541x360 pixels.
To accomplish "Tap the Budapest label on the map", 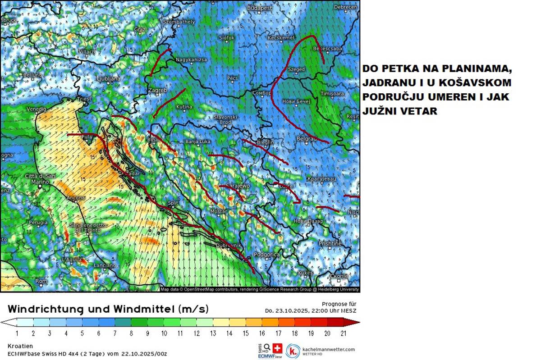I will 259,8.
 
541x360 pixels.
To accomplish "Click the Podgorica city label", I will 266,255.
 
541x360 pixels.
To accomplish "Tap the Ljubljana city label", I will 108,78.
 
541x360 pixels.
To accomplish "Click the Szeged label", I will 296,69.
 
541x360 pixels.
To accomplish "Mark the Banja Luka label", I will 199,142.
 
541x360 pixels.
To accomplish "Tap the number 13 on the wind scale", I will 213,333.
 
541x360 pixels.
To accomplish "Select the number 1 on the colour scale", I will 16,333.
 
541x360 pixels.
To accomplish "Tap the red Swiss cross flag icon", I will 277,348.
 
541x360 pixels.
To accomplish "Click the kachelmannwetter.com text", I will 329,349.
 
